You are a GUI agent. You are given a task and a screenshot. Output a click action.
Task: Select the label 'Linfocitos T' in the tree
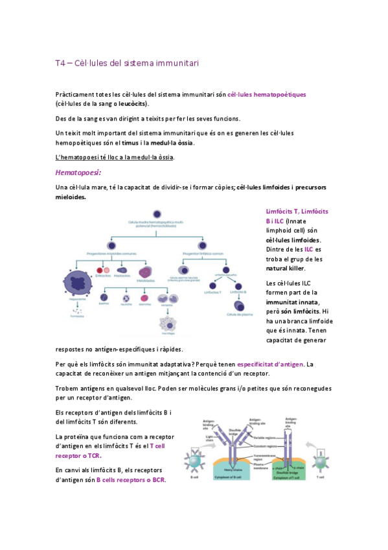[212, 293]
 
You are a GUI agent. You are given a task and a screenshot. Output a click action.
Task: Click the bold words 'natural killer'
[286, 268]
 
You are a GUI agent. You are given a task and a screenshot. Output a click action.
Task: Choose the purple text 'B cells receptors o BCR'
[131, 480]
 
